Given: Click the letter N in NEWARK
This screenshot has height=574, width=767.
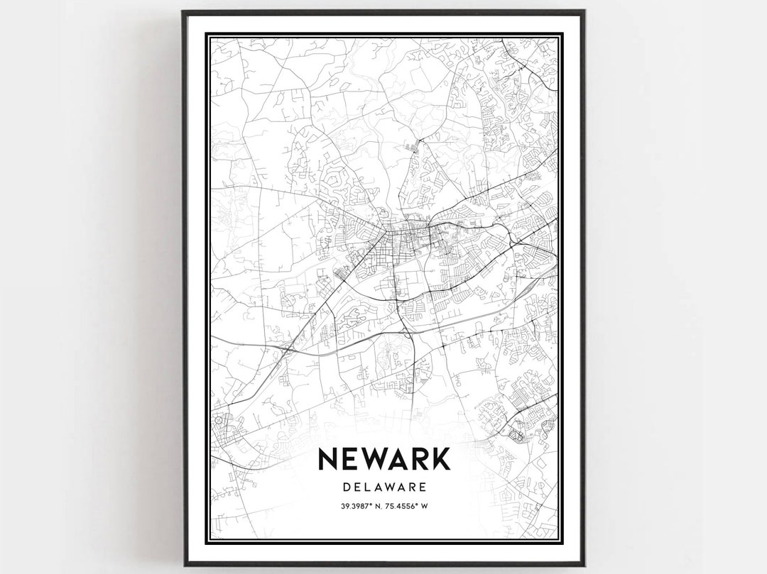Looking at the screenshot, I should pos(329,458).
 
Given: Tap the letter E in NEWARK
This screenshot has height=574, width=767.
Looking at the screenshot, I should pos(350,458).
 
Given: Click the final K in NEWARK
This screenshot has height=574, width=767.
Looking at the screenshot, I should pos(441,458).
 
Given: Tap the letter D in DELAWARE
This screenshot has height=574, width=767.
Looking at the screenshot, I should pos(346,487).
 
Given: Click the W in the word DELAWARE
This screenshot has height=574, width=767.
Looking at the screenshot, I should pos(387,487).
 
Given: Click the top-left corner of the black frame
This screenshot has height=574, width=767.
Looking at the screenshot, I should pos(183,11).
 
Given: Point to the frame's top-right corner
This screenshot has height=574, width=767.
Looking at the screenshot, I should pos(584,11).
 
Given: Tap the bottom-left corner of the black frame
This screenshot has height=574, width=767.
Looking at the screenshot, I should pos(183,565).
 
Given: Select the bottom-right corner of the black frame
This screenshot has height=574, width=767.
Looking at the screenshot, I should pos(584,565).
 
